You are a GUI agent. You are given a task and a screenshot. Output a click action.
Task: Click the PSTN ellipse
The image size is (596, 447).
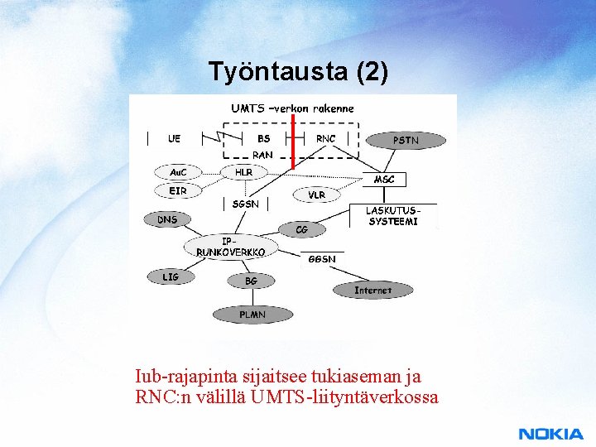pos(406,140)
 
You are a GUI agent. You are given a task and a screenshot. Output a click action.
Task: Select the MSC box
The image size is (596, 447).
pos(384,179)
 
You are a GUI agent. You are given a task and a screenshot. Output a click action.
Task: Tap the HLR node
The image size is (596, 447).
pos(244,172)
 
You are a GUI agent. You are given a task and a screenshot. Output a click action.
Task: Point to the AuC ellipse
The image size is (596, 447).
pos(178,172)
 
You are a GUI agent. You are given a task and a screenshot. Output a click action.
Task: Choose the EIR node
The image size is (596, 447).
pos(178,190)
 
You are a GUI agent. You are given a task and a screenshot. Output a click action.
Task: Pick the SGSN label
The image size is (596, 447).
pos(246,204)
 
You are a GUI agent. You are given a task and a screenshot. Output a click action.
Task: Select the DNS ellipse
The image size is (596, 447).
pos(168,219)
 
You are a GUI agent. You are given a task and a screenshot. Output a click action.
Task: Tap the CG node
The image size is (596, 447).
pos(301,228)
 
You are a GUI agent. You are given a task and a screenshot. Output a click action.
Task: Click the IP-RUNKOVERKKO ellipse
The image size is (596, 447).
pos(231,247)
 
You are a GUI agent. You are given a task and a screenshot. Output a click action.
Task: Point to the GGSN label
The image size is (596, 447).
pos(322,259)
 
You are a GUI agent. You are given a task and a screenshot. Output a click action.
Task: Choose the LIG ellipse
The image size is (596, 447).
pos(171,276)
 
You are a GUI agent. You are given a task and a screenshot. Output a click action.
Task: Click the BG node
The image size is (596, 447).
pos(251,281)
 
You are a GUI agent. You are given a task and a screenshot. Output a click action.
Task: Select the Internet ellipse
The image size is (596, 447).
pos(372,291)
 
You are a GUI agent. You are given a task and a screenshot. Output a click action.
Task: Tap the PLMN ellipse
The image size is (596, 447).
pos(252,315)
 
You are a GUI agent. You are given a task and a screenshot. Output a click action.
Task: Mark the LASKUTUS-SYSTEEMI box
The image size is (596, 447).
pos(393,216)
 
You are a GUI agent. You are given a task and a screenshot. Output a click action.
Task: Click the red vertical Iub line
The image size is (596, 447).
pos(293,141)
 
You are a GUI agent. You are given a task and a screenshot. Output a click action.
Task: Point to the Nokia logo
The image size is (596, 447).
pos(550,434)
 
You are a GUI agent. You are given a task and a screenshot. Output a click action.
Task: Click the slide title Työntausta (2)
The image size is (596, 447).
pos(297,72)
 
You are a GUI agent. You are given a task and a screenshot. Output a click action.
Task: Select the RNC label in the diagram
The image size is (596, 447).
pos(326,138)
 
